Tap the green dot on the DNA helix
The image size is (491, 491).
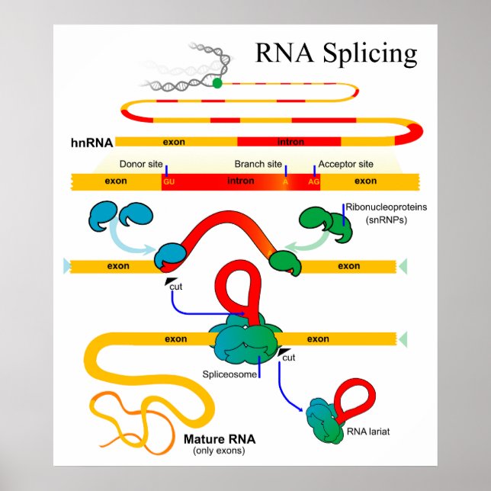pos(217,83)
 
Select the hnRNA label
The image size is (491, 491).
pos(91,142)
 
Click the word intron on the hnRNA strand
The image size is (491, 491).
pos(291,142)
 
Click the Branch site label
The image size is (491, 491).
pos(258,164)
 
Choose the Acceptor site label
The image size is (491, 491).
pos(345,164)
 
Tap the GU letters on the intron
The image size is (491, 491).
pos(168,182)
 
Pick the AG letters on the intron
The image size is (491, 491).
pos(313,182)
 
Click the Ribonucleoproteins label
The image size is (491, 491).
pos(386,207)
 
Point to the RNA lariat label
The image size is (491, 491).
pos(367,432)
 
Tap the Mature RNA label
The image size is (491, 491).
pos(220,439)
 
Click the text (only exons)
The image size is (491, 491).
pos(220,451)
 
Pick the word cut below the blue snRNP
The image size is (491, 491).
pos(175,287)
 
